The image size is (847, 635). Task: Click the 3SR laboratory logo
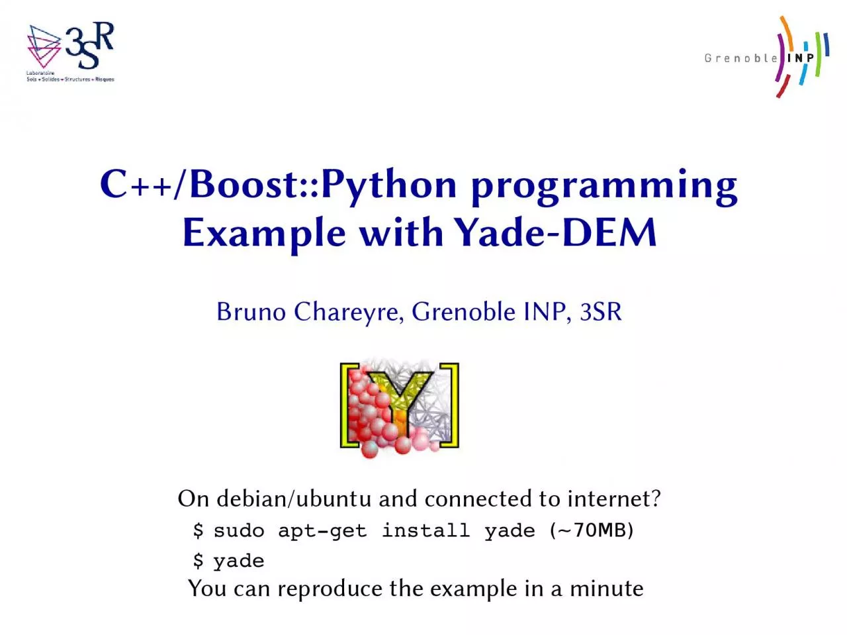(x=71, y=52)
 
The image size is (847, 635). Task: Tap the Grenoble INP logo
(x=766, y=57)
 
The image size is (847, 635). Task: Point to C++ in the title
(x=136, y=185)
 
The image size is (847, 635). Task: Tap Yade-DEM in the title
(x=555, y=232)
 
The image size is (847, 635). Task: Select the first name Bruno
(x=251, y=311)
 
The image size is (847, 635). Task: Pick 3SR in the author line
(x=601, y=311)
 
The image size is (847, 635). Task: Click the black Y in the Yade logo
(x=399, y=401)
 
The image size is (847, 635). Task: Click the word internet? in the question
(x=614, y=499)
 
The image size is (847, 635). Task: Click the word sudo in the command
(x=239, y=530)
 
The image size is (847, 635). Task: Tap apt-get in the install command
(x=322, y=532)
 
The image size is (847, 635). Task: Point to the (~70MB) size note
(x=591, y=530)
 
